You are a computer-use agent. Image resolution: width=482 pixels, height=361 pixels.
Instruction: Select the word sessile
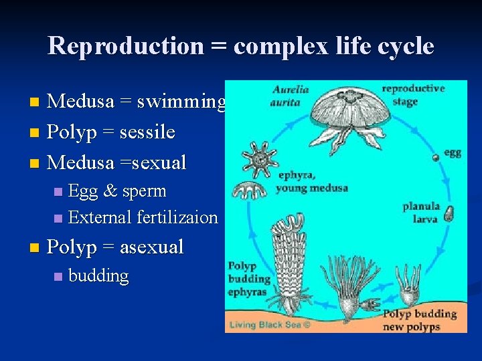pos(147,132)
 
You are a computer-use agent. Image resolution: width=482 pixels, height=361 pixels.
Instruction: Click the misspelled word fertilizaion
pos(177,217)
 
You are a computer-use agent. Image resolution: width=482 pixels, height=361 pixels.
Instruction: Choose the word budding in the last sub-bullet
pos(98,275)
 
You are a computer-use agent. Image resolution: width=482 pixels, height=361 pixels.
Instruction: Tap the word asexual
pos(151,247)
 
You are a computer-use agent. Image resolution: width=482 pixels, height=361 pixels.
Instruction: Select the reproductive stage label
pos(412,94)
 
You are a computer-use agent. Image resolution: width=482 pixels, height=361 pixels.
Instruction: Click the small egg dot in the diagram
pos(436,157)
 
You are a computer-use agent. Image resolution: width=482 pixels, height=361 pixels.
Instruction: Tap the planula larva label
pos(421,212)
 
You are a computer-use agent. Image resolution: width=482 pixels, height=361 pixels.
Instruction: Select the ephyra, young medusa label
pos(312,182)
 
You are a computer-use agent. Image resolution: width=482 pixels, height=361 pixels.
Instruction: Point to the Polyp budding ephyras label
pos(249,278)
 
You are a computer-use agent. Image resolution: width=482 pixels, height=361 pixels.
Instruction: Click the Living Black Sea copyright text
pos(270,326)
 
